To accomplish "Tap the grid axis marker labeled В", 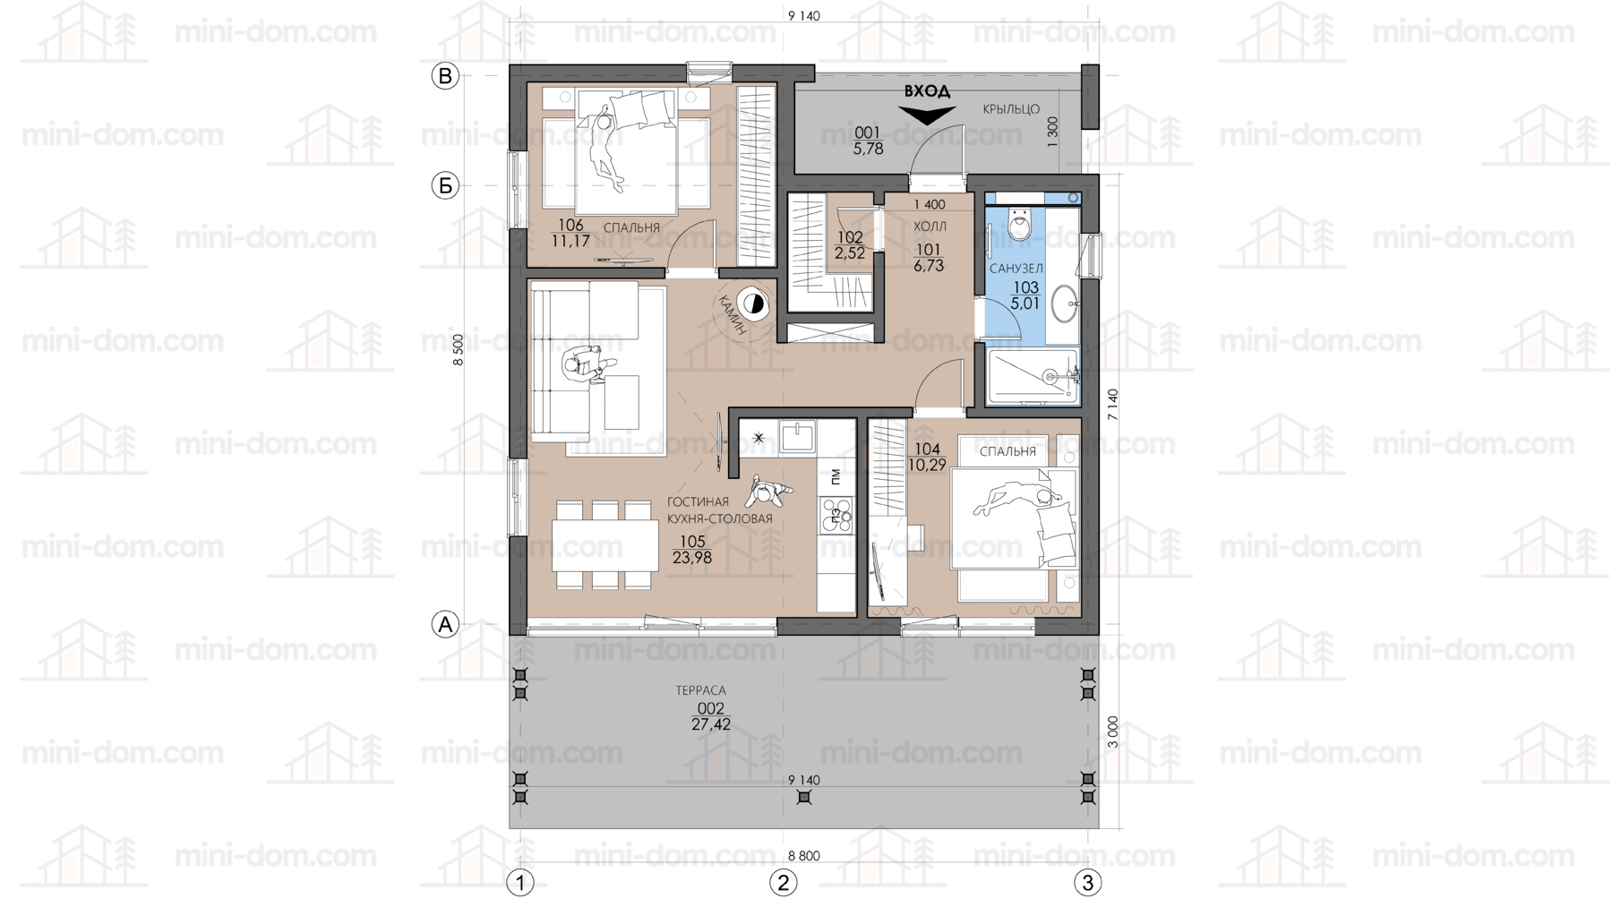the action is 445,76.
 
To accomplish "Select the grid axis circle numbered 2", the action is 784,883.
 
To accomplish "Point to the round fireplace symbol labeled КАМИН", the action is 753,304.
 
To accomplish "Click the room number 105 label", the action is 692,542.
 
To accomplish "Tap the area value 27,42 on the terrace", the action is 711,724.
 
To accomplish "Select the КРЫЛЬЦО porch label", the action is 1011,109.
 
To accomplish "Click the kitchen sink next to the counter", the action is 796,437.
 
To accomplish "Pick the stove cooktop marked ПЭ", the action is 836,515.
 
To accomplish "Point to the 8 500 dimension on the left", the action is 459,350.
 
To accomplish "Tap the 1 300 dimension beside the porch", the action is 1053,133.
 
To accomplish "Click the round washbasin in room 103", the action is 1064,304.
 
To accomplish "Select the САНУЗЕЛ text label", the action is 1016,269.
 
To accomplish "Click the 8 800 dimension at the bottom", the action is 804,856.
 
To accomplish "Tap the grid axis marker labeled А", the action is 445,624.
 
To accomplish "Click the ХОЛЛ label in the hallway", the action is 930,227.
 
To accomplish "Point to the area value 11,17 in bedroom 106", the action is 570,241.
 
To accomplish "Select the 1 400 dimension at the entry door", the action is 930,205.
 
